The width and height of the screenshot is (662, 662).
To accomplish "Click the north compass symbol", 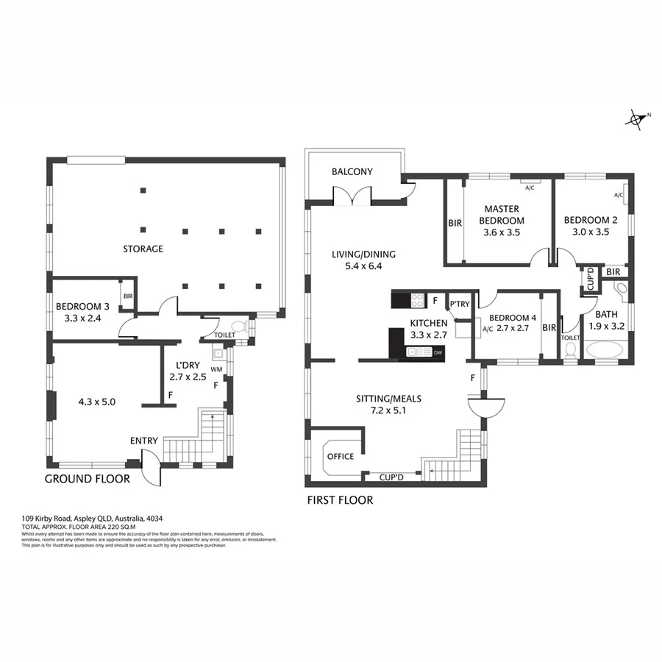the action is click(637, 119).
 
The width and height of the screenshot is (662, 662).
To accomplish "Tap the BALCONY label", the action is click(352, 172).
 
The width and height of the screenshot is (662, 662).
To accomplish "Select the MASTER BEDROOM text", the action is click(502, 215).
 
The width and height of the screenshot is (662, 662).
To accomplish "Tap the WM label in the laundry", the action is click(216, 369).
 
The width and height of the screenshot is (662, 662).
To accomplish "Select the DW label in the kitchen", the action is click(438, 354).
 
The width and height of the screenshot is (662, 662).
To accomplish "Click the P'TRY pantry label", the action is click(460, 305).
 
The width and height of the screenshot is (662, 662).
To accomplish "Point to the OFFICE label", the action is click(341, 456).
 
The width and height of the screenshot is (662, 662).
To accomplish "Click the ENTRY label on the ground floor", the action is click(144, 441).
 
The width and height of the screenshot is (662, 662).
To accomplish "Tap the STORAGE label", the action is click(143, 249).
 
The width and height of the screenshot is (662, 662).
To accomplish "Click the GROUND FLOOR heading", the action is click(88, 479).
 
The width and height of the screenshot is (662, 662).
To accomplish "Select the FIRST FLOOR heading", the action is click(339, 500).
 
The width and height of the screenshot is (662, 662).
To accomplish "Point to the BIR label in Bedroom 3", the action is click(128, 296).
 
